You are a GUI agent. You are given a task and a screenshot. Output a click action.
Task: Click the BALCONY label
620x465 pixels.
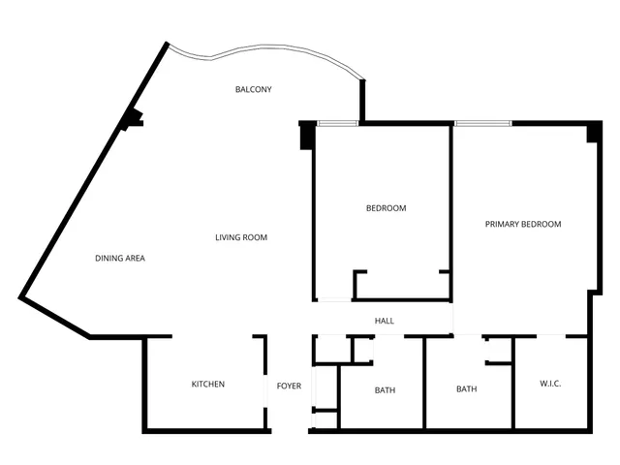253,90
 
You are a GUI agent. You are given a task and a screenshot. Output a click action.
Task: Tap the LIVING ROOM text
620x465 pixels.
241,237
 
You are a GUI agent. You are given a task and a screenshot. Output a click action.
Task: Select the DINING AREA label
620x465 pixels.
120,258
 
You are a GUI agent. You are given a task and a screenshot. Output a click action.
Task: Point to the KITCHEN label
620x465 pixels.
207,385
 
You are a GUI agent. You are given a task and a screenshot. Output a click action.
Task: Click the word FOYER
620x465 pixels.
289,386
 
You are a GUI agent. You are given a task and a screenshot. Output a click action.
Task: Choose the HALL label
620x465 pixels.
385,321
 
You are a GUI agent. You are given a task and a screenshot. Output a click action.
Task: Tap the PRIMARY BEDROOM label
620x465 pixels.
523,224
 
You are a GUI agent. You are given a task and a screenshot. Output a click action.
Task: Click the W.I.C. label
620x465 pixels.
550,385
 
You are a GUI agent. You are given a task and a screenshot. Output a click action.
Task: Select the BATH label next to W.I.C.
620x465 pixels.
467,389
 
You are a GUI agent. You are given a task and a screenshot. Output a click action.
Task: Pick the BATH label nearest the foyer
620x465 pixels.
385,390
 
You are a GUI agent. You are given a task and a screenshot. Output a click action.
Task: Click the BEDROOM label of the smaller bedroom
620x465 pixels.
386,208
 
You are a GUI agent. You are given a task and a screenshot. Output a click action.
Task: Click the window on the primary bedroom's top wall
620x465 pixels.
482,123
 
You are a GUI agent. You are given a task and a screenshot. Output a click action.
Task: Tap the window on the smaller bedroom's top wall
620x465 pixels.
337,123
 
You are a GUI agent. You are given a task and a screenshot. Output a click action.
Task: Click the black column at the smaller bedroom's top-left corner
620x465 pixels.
306,136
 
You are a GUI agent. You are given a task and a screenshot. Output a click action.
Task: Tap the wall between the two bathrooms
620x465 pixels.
424,383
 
